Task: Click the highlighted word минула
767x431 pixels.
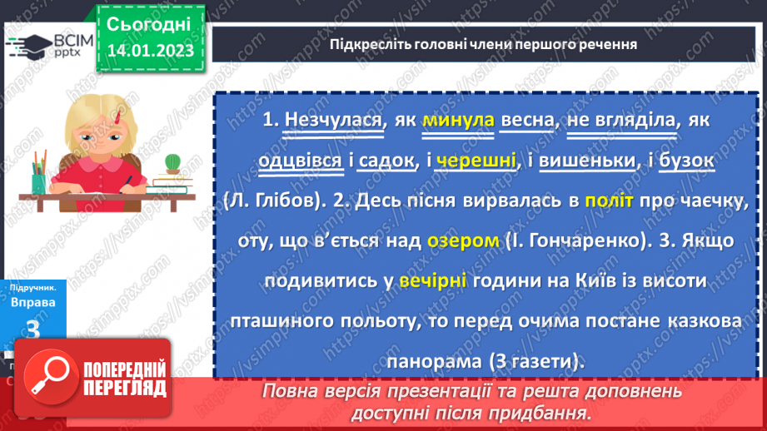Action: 459,121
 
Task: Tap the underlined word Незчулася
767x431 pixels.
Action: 334,121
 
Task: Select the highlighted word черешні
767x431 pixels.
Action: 477,161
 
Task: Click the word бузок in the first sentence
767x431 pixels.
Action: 686,161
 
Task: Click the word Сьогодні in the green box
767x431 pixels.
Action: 150,23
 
